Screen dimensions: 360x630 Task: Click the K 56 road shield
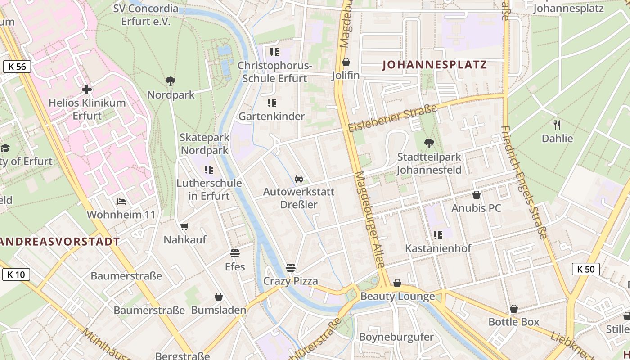[17, 67]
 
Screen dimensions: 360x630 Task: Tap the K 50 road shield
[585, 269]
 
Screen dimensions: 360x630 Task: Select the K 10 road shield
[16, 274]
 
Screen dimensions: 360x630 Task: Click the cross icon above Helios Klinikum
[87, 90]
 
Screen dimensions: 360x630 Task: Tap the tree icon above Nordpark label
[171, 81]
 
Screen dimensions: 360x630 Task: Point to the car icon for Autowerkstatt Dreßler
[299, 179]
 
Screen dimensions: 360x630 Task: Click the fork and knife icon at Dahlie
[557, 125]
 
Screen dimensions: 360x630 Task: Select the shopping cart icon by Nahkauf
[184, 226]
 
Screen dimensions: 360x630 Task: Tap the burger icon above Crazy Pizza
[291, 268]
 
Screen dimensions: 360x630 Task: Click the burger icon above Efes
[234, 253]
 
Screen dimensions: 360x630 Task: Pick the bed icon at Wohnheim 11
[121, 201]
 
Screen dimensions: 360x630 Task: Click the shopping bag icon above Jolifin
[346, 62]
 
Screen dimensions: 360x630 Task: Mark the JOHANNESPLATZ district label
[434, 65]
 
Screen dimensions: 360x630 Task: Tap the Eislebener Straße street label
[392, 118]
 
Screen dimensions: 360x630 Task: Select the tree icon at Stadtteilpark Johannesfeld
[429, 144]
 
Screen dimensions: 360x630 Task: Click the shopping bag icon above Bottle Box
[513, 309]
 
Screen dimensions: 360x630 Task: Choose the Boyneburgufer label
[396, 337]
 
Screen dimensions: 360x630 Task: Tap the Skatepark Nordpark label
[205, 144]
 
